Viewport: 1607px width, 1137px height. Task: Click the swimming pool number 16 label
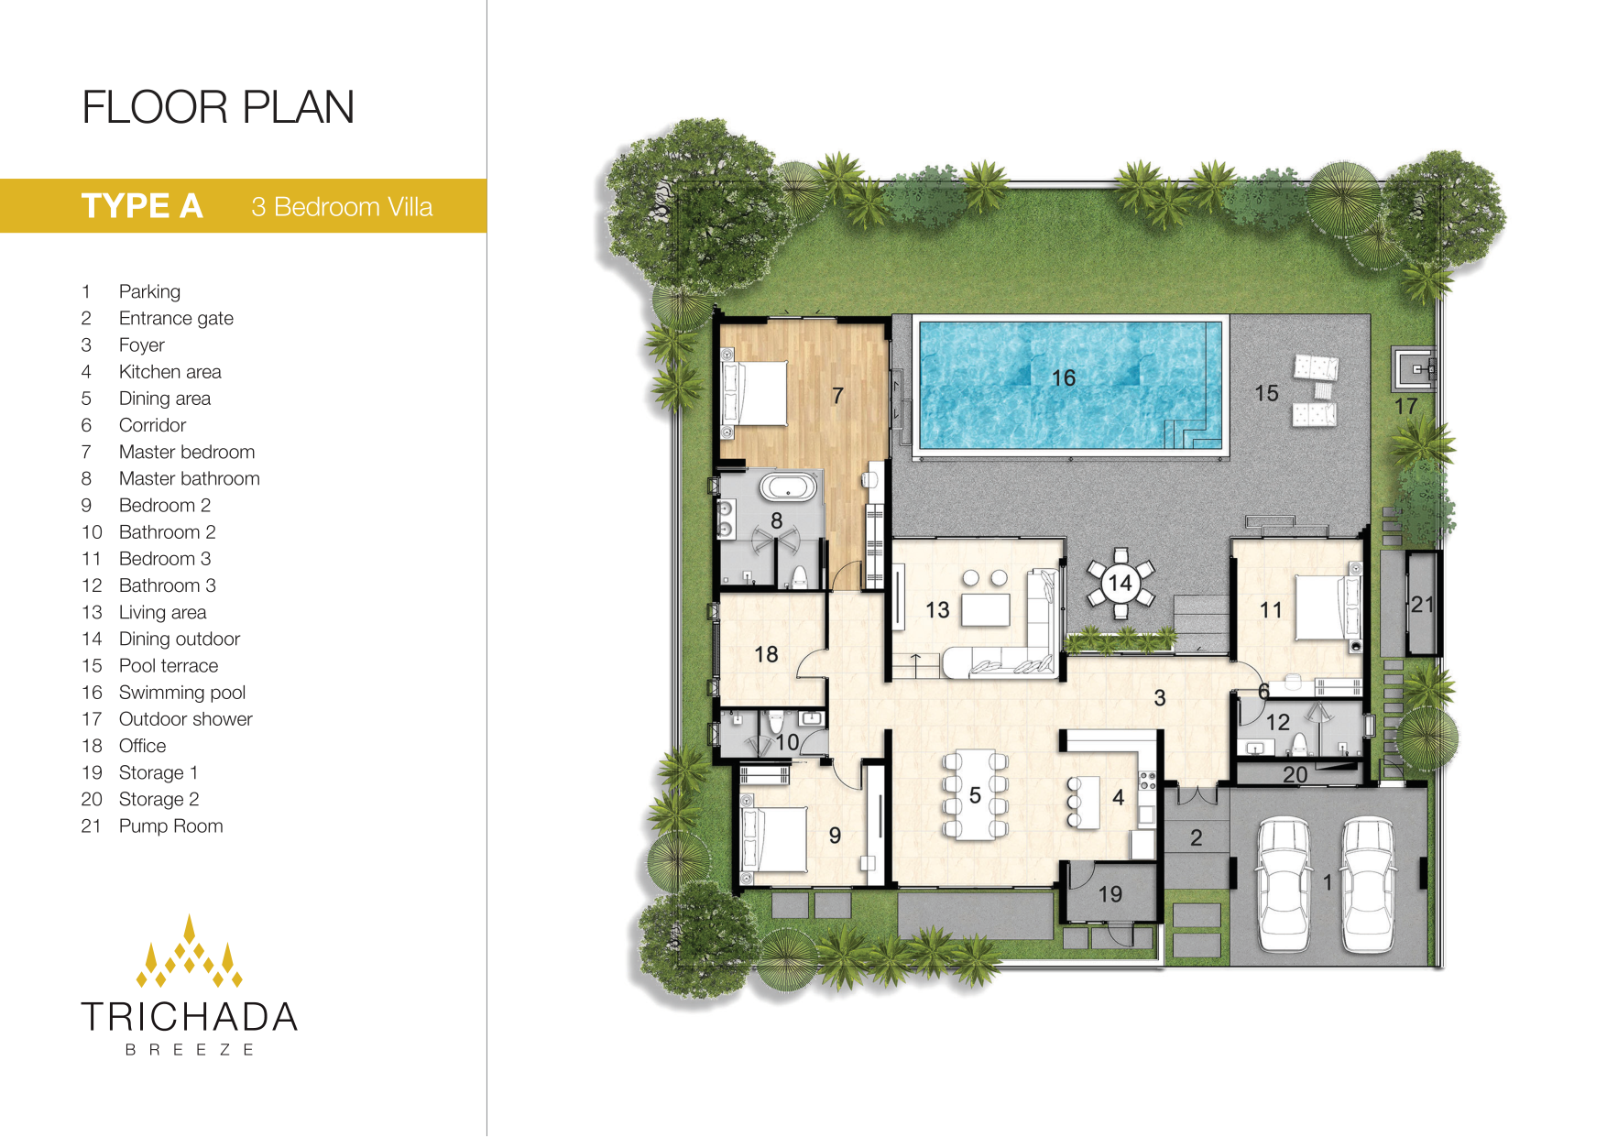(x=1063, y=377)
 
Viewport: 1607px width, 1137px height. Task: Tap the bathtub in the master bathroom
(x=788, y=487)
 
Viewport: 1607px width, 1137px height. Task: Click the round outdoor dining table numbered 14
(x=1120, y=584)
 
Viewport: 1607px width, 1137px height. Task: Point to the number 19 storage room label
(x=1110, y=894)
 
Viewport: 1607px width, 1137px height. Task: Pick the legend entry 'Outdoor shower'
(x=185, y=719)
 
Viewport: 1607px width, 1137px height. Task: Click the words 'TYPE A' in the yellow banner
(x=142, y=206)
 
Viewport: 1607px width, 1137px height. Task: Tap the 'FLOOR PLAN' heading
(x=218, y=107)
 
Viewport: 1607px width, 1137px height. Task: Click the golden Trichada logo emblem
(x=190, y=951)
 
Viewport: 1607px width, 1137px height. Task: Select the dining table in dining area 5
(x=975, y=794)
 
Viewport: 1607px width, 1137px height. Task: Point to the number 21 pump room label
(x=1422, y=605)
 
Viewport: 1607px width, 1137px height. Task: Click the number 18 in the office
(x=766, y=654)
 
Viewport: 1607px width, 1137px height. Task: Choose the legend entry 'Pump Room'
(x=170, y=826)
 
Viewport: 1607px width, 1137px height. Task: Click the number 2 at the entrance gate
(x=1196, y=837)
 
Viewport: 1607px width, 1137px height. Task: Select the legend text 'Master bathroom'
(x=189, y=478)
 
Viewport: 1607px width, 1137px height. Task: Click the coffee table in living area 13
(x=985, y=609)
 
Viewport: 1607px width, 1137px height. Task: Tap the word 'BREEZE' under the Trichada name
(x=190, y=1050)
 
